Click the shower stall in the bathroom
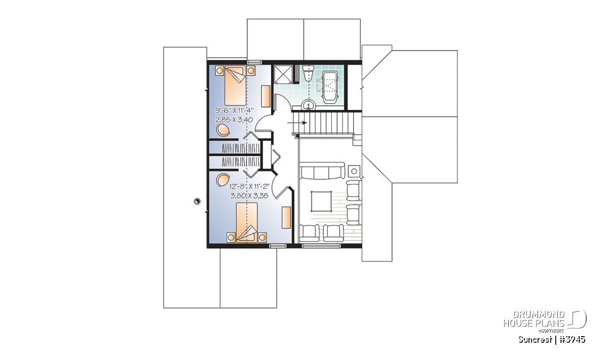point(283,73)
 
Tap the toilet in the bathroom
point(309,73)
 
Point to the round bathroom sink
point(308,105)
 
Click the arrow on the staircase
point(297,123)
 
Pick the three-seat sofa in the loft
point(322,171)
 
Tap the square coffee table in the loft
point(321,201)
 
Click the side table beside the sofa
point(354,171)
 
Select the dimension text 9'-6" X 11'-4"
point(234,110)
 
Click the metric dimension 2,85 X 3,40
point(234,119)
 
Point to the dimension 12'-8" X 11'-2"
point(249,187)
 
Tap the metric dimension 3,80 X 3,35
point(249,195)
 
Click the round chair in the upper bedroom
point(223,130)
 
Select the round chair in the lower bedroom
point(223,180)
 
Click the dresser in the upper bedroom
point(265,96)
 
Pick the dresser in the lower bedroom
point(286,217)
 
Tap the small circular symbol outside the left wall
point(197,202)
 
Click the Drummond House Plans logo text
point(534,319)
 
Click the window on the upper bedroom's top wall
point(254,62)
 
